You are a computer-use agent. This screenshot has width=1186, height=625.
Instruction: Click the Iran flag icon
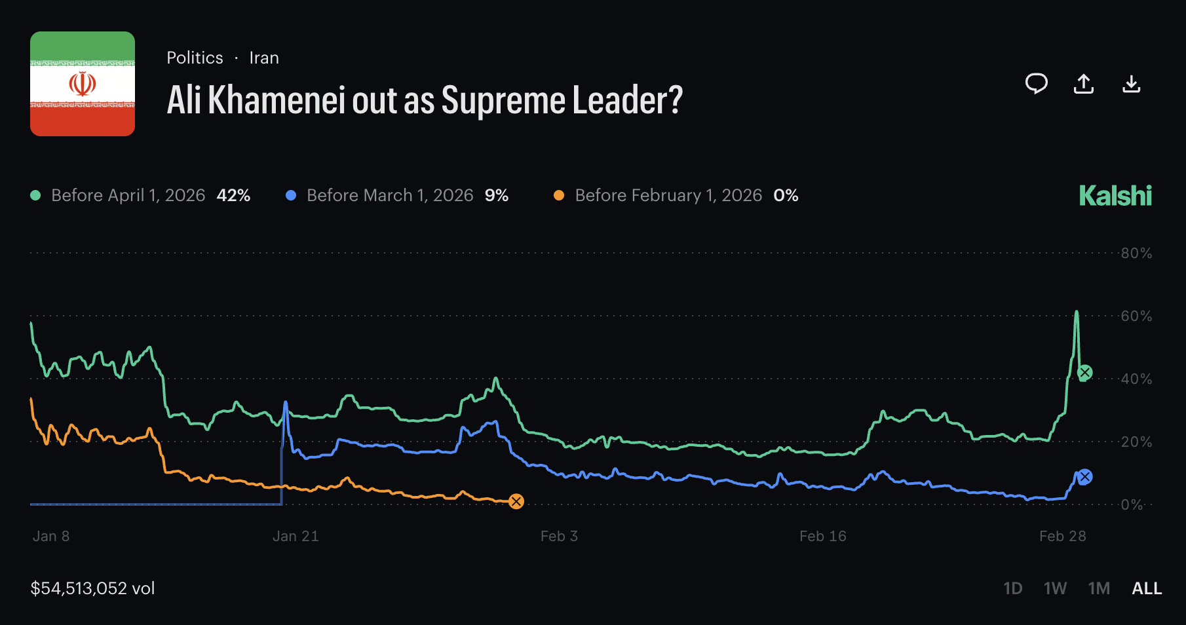click(x=83, y=84)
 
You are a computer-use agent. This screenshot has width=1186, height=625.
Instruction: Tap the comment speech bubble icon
click(x=1036, y=84)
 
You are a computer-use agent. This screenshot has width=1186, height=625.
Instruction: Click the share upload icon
click(x=1084, y=84)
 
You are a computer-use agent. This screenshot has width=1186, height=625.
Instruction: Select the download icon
click(x=1132, y=84)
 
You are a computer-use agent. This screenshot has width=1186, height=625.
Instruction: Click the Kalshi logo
click(x=1115, y=196)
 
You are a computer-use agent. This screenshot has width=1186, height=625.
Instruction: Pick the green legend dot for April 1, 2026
click(x=36, y=195)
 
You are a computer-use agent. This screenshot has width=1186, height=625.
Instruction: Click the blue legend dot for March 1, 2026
click(x=291, y=195)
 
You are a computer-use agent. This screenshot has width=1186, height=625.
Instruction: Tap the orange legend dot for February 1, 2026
click(x=559, y=195)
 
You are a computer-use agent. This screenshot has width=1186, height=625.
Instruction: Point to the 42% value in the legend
click(x=233, y=195)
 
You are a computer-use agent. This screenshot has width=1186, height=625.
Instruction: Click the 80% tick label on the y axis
click(x=1136, y=253)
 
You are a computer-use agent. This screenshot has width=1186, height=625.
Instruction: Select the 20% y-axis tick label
click(x=1136, y=442)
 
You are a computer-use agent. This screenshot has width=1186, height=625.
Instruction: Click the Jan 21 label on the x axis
click(x=296, y=536)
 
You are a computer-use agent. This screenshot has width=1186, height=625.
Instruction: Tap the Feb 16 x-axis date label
click(x=823, y=536)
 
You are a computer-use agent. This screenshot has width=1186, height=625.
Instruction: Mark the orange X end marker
click(x=516, y=502)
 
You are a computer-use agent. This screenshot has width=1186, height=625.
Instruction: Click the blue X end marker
click(x=1085, y=477)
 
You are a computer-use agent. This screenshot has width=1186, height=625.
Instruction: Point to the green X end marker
click(x=1085, y=373)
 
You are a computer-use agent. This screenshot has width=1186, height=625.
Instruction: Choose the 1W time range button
click(x=1055, y=588)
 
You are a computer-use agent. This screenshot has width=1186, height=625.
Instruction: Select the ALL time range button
click(x=1147, y=588)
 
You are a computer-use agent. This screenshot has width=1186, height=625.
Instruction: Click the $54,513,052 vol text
click(x=92, y=588)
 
